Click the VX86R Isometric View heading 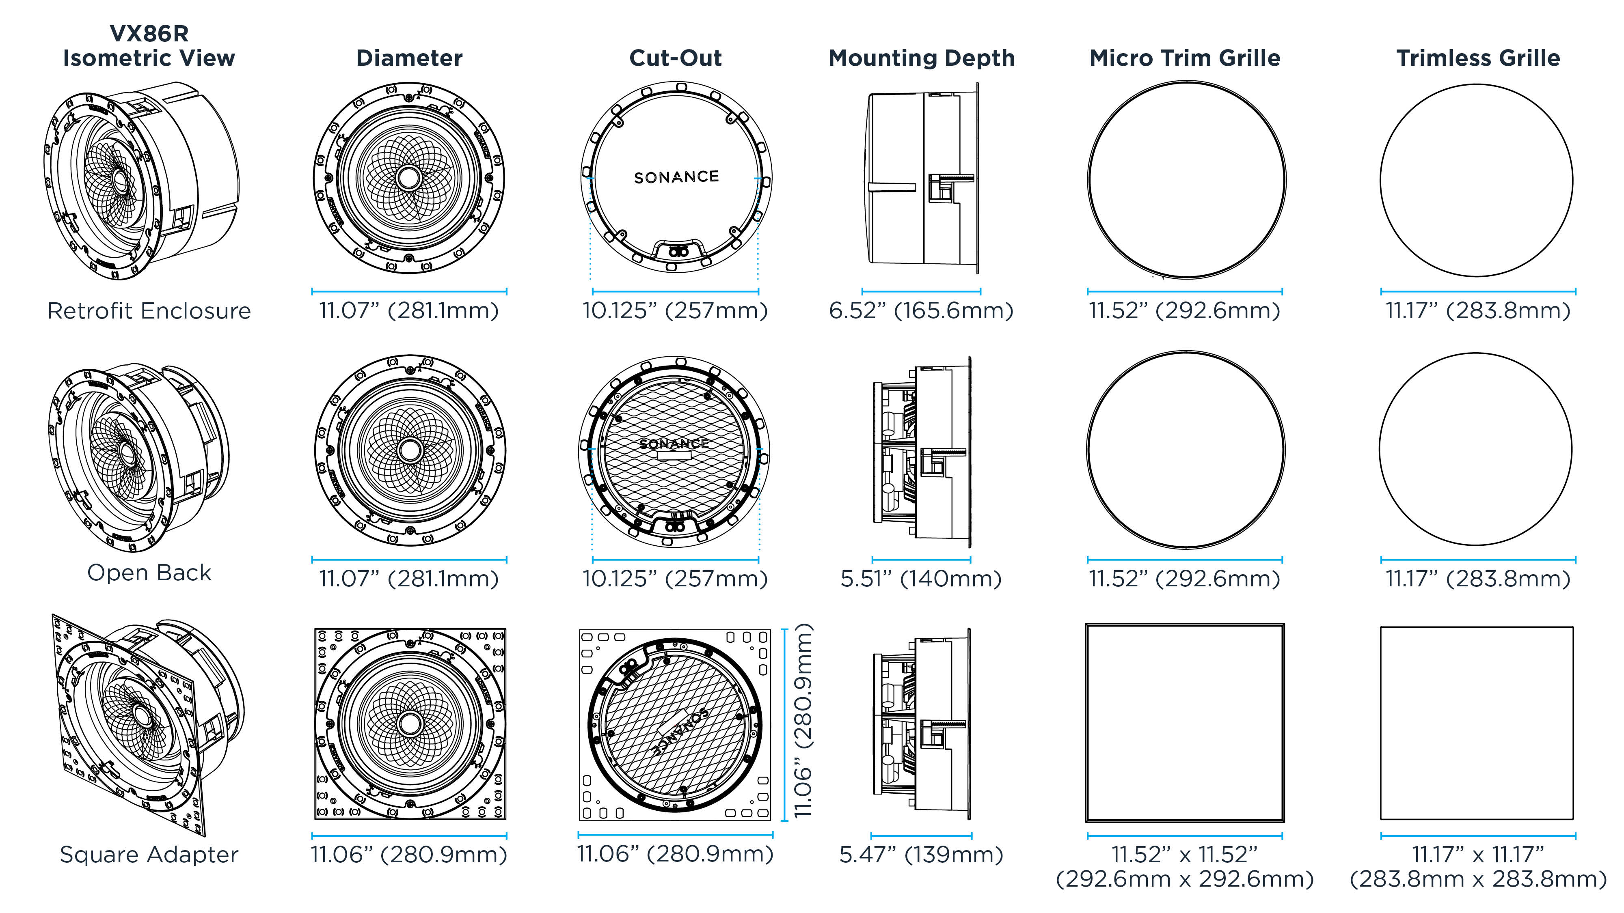coord(149,45)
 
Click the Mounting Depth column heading coord(921,58)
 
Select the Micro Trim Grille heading coord(1185,58)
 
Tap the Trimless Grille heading coord(1478,58)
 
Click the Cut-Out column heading coord(675,58)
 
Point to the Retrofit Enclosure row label coord(149,311)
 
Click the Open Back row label coord(149,572)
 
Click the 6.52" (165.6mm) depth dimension coord(921,311)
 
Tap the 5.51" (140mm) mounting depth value coord(921,578)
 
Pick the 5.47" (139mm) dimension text coord(921,855)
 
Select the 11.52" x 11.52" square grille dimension coord(1185,866)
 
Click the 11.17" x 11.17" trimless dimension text coord(1478,866)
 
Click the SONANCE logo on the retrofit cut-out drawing coord(676,177)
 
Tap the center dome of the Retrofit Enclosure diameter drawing coord(409,178)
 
